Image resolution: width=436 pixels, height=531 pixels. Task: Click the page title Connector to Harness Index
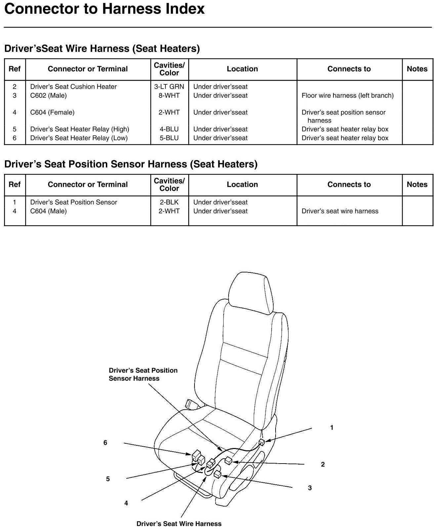pos(105,9)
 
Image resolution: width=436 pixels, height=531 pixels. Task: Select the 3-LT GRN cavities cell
pos(169,87)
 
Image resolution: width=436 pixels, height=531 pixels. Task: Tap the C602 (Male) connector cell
pos(48,96)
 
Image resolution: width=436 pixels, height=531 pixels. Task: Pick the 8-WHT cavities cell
pos(169,96)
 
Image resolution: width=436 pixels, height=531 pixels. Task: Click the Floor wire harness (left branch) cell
pos(347,96)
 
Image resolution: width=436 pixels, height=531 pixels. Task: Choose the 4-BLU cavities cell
pos(169,129)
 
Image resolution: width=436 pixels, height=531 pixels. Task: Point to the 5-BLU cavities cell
pos(169,138)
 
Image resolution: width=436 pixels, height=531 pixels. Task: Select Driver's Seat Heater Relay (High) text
pos(79,129)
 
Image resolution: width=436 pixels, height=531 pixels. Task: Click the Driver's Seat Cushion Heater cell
pos(73,87)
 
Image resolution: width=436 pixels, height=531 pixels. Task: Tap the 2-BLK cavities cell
pos(169,202)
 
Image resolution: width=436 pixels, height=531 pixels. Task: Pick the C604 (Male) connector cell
pos(48,211)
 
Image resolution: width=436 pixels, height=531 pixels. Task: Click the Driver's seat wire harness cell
pos(340,211)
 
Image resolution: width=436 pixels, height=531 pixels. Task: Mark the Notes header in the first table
pos(417,69)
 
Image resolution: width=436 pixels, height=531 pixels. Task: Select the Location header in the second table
pos(242,184)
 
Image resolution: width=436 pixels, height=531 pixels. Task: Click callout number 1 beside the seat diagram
pos(332,428)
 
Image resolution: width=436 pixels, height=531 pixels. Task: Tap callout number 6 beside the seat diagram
pos(105,443)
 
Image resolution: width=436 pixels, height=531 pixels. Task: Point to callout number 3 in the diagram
pos(310,488)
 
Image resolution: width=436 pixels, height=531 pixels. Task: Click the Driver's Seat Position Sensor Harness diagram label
pos(143,374)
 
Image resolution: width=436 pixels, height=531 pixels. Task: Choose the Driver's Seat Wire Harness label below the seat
pos(179,524)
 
